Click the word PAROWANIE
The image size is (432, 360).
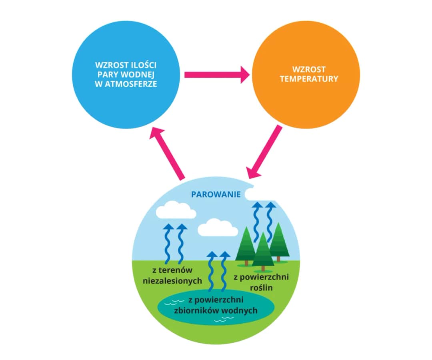(x=216, y=195)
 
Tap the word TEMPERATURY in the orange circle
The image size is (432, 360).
(x=309, y=79)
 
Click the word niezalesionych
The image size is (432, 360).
(x=172, y=280)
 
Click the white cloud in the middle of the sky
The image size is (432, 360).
(x=218, y=228)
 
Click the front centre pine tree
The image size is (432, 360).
(x=263, y=250)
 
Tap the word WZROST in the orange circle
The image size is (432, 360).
(x=309, y=69)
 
